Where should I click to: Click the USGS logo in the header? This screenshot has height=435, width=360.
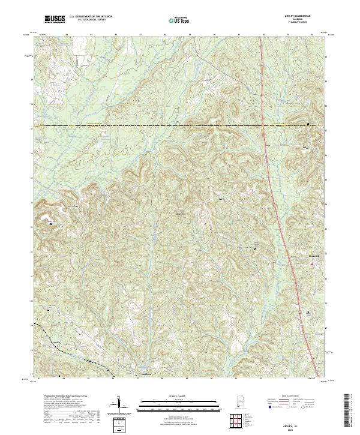tap(55, 20)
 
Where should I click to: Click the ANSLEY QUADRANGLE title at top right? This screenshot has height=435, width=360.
tap(301, 16)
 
